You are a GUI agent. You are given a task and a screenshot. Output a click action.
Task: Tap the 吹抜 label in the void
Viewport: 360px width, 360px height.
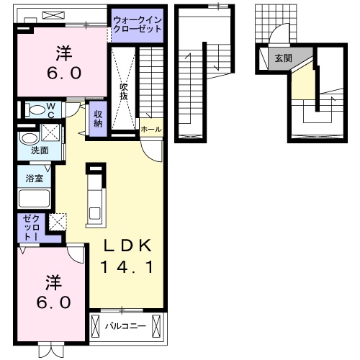124,92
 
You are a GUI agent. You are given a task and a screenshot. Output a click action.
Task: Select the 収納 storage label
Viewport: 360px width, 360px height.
99,118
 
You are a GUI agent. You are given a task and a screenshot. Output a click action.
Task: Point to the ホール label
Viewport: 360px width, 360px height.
150,130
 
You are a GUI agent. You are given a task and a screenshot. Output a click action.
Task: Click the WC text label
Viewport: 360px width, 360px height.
52,110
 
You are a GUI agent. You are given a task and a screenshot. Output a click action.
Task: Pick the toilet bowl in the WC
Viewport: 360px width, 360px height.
35,110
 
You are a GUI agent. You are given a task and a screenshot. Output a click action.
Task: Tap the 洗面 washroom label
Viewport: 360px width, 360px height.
40,151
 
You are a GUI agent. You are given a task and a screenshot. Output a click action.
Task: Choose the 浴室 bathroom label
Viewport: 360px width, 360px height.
34,177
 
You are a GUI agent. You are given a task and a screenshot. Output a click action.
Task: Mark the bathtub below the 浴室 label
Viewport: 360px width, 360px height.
33,199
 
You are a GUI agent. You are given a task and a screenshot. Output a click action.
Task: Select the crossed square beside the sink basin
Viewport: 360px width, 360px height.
51,132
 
